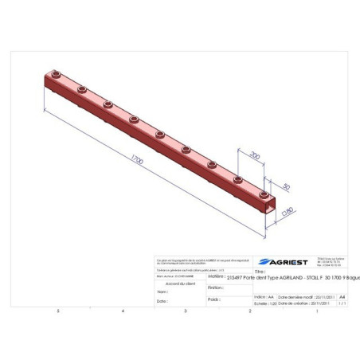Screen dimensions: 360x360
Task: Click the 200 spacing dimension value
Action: (x=254, y=155)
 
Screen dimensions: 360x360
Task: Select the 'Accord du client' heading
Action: (x=178, y=282)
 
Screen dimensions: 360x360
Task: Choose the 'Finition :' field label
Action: (x=215, y=288)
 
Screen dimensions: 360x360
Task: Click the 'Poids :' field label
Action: (x=213, y=299)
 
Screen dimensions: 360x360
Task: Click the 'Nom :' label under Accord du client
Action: (x=162, y=292)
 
